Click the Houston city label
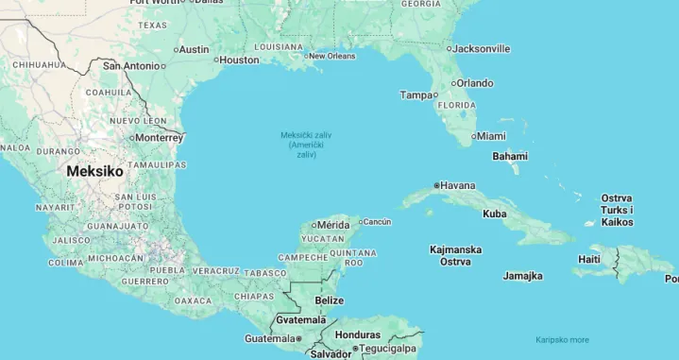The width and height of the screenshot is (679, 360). [x=239, y=60]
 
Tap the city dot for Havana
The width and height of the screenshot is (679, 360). [x=436, y=185]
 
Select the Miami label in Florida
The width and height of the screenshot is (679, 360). [x=490, y=136]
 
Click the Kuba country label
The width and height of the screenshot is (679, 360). [x=494, y=214]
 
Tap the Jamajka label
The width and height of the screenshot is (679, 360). [x=522, y=276]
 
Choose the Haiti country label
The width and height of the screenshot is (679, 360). [x=589, y=259]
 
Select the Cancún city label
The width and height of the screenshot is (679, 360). [x=377, y=222]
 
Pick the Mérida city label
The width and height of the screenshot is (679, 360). [x=332, y=225]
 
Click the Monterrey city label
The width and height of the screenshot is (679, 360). [x=158, y=137]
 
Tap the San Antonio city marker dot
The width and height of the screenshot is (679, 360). [x=162, y=66]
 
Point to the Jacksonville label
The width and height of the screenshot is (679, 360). [x=481, y=48]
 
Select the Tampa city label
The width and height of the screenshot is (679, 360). [x=416, y=94]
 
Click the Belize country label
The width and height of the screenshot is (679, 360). [x=329, y=300]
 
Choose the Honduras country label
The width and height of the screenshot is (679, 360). [x=358, y=334]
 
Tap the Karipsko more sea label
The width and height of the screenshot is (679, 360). [x=562, y=340]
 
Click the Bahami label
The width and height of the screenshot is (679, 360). [x=510, y=156]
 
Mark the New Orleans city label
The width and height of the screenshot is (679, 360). [x=332, y=56]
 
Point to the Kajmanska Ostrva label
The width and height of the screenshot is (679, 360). [x=455, y=255]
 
